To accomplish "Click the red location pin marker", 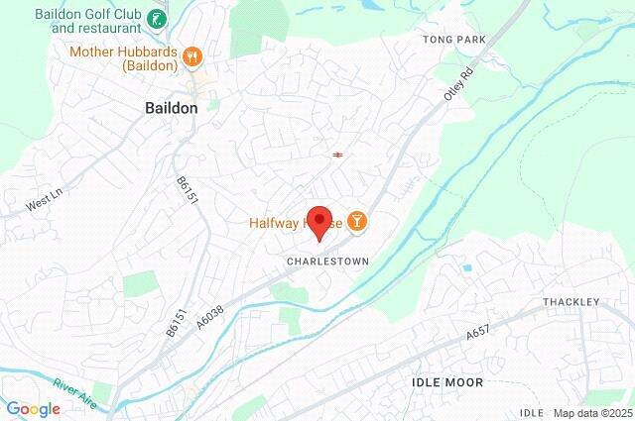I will click(x=318, y=221).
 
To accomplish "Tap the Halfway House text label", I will click(x=288, y=223).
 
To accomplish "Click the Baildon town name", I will click(x=172, y=107).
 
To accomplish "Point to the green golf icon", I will click(x=156, y=19).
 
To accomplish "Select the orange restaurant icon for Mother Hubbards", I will click(x=194, y=57).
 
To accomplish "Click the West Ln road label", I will click(x=44, y=205).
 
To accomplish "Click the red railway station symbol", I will click(x=338, y=155).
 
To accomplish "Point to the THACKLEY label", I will click(x=571, y=301).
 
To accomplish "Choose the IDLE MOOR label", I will click(x=446, y=381).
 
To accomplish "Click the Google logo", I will click(x=33, y=409).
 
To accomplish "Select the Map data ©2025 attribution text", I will click(x=591, y=413).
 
